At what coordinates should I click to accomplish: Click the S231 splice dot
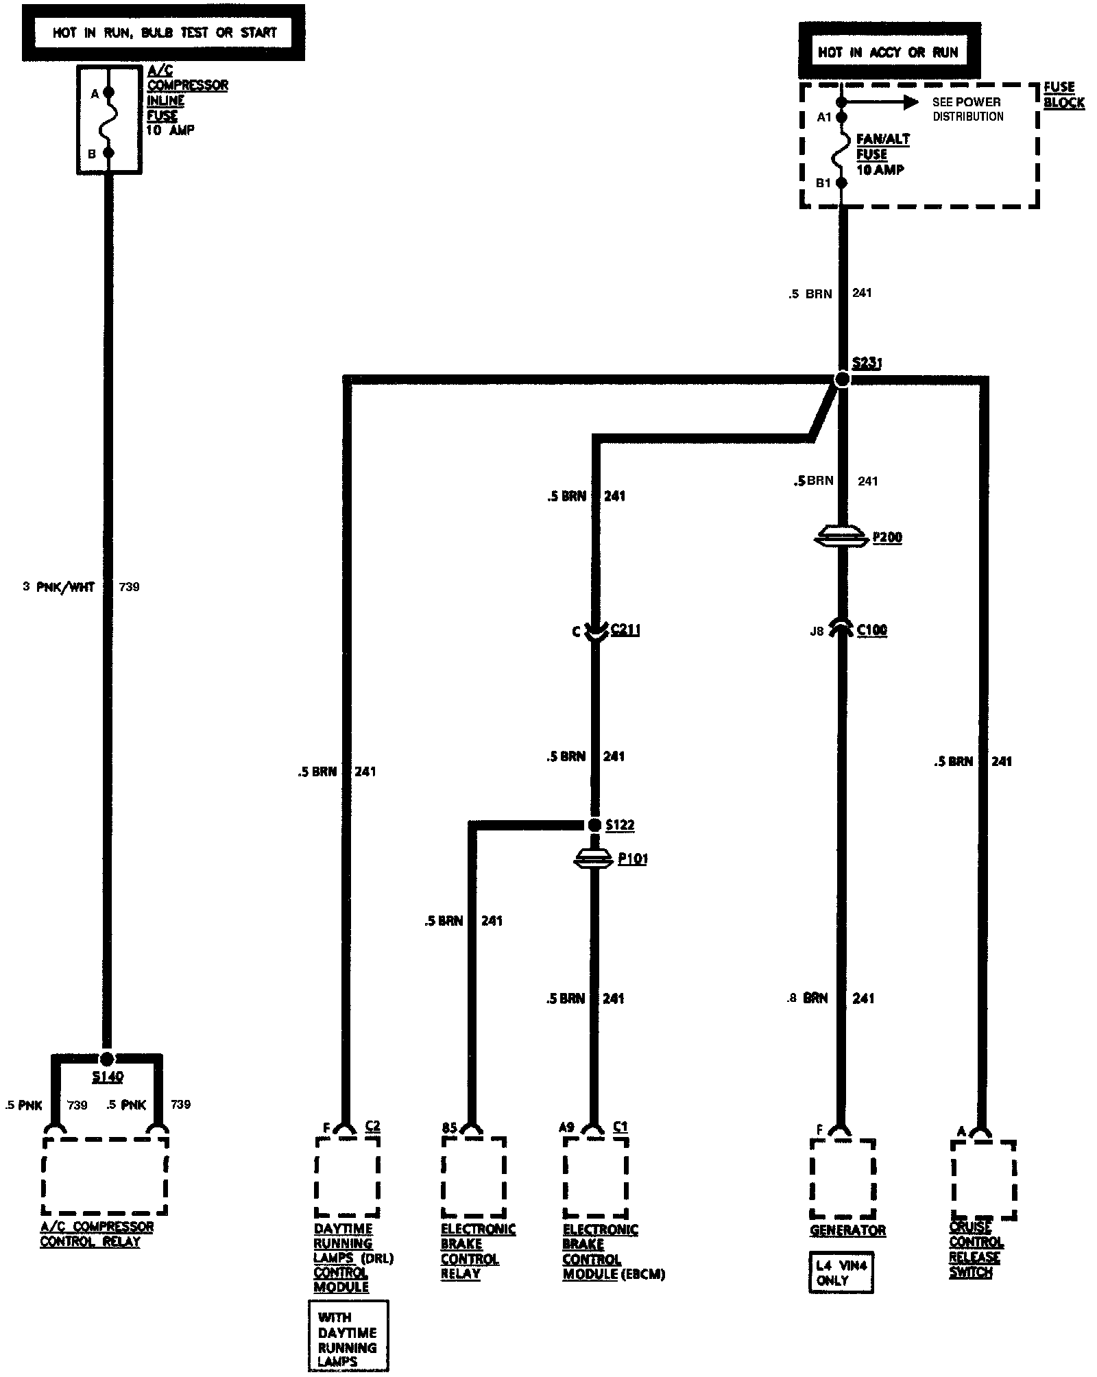[x=842, y=379]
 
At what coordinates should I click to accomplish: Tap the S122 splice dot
[x=594, y=824]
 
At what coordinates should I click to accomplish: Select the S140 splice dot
[x=107, y=1059]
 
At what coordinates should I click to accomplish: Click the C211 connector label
[x=625, y=630]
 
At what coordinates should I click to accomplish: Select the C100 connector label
[x=871, y=630]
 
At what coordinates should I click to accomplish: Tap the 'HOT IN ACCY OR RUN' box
[x=889, y=52]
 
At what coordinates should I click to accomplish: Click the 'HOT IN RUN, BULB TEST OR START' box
[x=164, y=32]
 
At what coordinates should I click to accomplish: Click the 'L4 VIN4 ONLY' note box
[x=841, y=1273]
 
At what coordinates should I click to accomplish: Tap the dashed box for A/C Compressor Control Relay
[x=105, y=1176]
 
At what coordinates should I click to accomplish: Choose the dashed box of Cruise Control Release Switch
[x=983, y=1180]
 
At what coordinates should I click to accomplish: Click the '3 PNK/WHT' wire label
[x=59, y=587]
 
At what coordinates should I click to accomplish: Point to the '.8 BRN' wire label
[x=808, y=998]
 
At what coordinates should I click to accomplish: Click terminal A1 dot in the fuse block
[x=842, y=117]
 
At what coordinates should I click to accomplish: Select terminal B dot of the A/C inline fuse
[x=108, y=154]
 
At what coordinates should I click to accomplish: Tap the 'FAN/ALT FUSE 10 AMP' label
[x=882, y=154]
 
